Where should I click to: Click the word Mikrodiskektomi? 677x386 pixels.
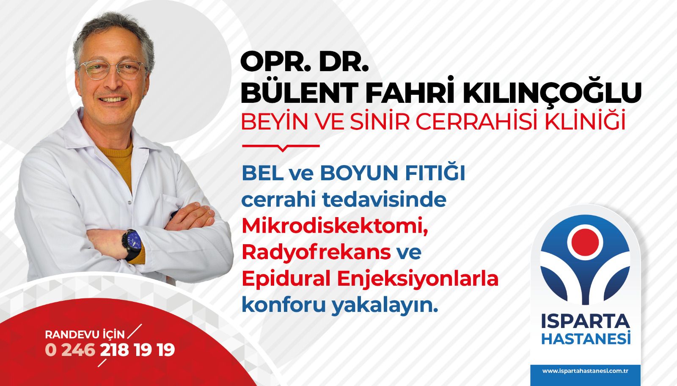[x=335, y=226]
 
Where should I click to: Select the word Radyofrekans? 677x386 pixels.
[x=316, y=252]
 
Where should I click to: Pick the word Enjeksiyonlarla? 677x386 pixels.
[x=417, y=279]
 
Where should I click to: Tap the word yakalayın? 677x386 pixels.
[x=385, y=306]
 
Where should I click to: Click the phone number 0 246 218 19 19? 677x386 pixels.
[x=110, y=350]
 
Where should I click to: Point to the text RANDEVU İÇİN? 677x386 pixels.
[x=85, y=335]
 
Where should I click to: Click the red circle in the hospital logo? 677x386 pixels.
[x=585, y=243]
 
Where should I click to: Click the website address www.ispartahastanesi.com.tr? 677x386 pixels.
[x=585, y=371]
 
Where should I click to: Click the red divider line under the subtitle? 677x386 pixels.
[x=281, y=147]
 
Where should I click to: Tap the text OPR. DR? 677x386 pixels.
[x=305, y=62]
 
